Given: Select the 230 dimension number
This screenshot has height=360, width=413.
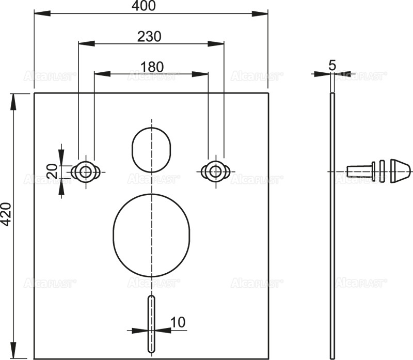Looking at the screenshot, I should (x=149, y=37).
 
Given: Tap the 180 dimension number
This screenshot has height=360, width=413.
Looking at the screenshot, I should (x=152, y=67).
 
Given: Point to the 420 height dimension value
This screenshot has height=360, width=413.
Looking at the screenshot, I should (x=6, y=214).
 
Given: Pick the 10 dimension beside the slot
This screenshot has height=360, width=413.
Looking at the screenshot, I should (x=177, y=322).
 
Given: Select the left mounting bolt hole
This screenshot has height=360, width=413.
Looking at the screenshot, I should (x=86, y=171).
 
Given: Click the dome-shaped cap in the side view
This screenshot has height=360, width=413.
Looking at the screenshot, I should (x=401, y=171).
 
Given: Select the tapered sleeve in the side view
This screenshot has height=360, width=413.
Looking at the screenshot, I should (x=360, y=171).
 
